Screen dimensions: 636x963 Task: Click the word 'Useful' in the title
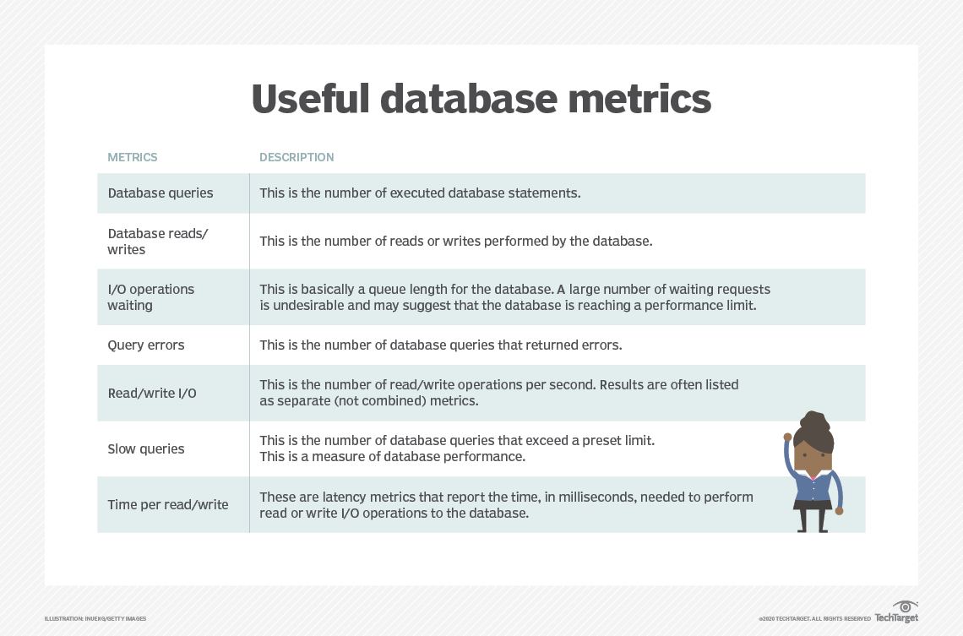(x=310, y=99)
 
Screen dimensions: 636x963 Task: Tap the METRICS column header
(x=132, y=157)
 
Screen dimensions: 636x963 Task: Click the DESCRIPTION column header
(x=297, y=157)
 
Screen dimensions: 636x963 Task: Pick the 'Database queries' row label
(x=160, y=193)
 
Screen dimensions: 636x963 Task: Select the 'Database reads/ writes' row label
(x=157, y=242)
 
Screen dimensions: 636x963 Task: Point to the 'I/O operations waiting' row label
(x=150, y=297)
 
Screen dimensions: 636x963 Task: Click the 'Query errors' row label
(x=145, y=345)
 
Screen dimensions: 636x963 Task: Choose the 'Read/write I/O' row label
(x=152, y=394)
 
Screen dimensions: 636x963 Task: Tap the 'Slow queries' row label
(x=145, y=449)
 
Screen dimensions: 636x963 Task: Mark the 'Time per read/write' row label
(x=168, y=505)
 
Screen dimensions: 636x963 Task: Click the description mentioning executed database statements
(x=420, y=193)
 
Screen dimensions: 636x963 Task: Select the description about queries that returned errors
(x=440, y=345)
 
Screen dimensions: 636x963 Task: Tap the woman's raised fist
(x=787, y=438)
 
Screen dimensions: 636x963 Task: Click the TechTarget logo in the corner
(x=896, y=612)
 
